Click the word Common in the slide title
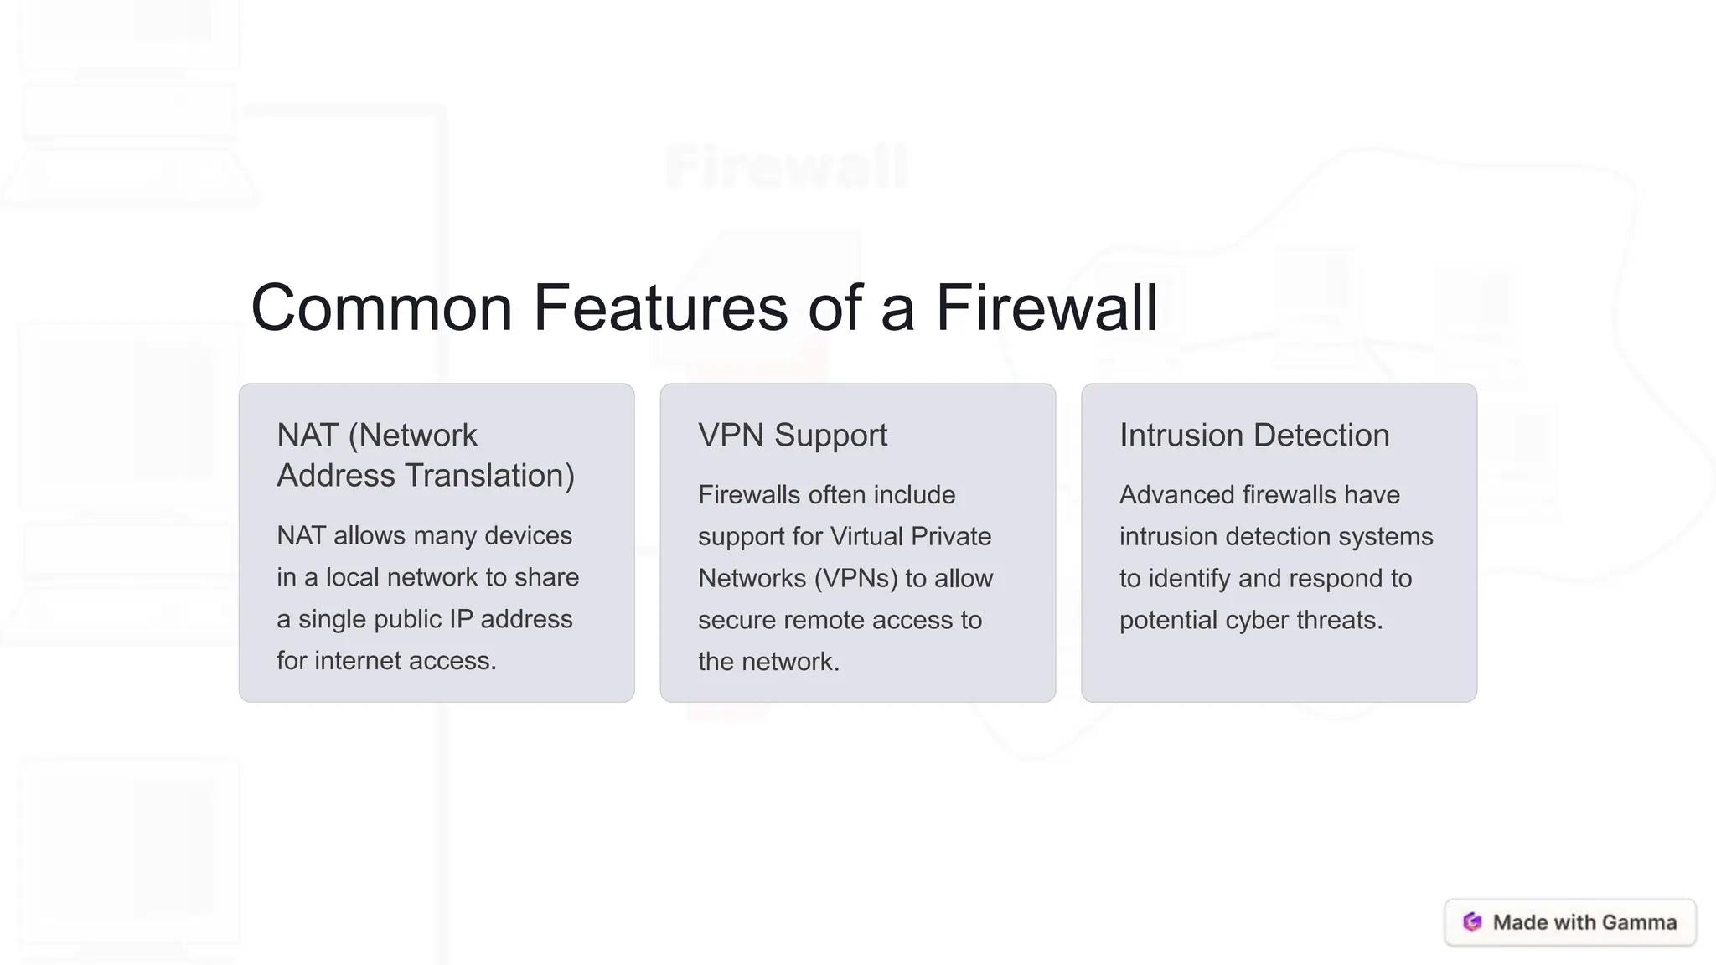point(381,307)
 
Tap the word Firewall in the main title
point(1046,307)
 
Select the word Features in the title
point(660,307)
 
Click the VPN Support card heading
point(792,436)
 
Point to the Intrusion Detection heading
point(1253,436)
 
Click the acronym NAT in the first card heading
point(307,436)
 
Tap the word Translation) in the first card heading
point(489,476)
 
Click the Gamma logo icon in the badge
point(1472,922)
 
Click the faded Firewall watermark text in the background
point(786,168)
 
